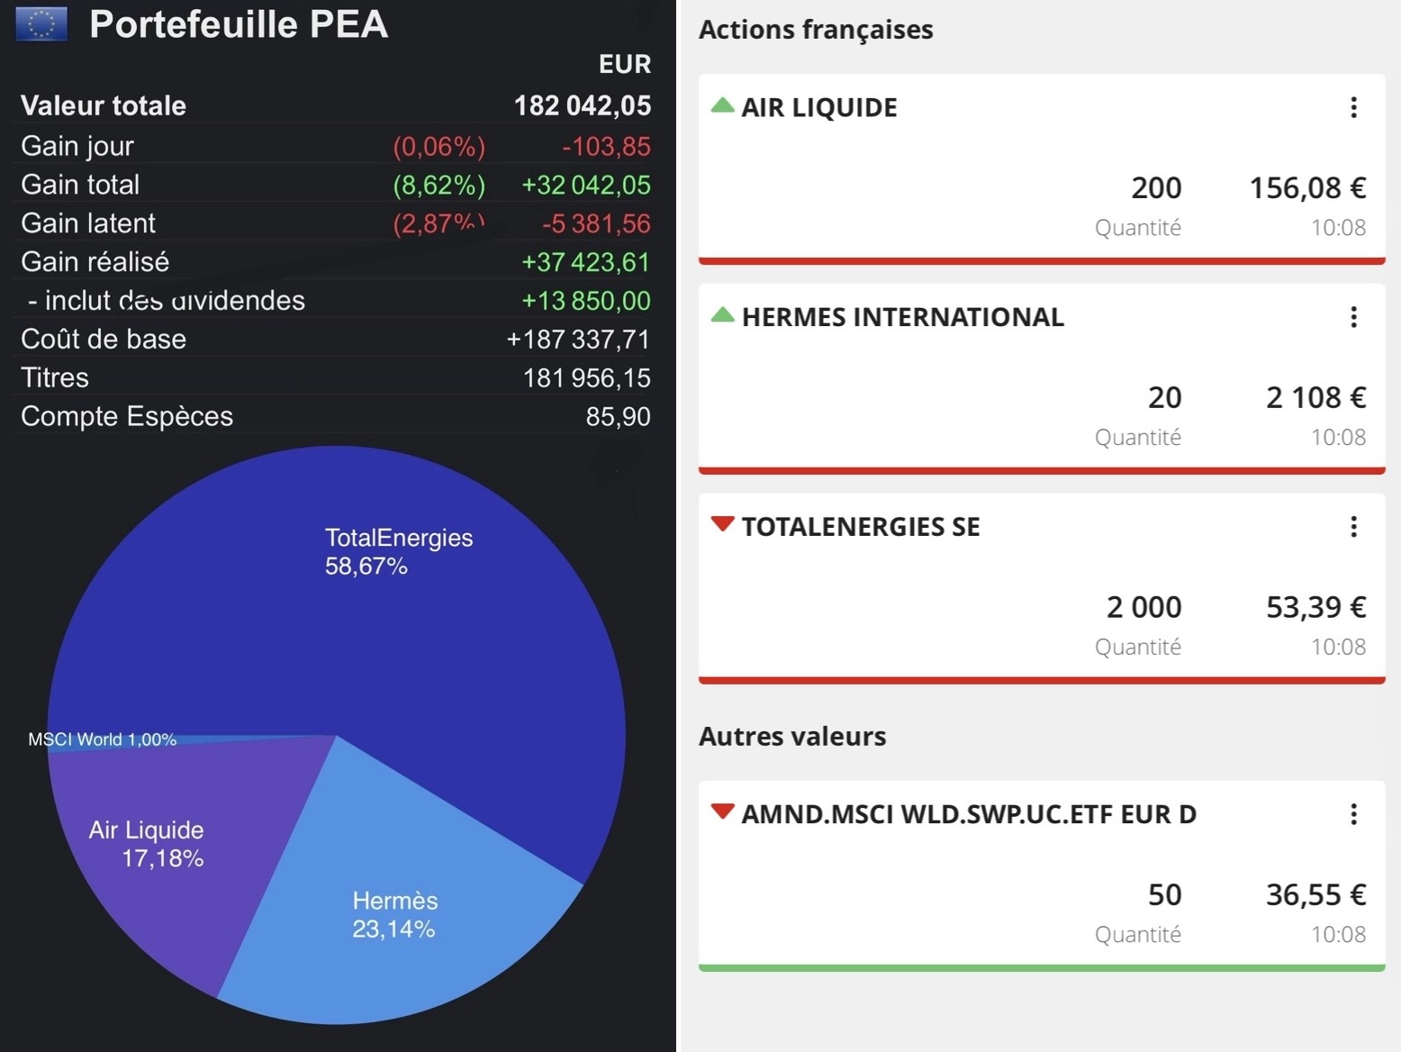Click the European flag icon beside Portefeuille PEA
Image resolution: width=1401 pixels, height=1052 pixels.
coord(41,24)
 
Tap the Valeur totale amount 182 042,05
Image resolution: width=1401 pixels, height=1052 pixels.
coord(582,105)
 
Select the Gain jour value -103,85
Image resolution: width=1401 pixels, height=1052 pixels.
coord(605,146)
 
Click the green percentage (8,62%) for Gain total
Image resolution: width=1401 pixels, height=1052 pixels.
coord(438,185)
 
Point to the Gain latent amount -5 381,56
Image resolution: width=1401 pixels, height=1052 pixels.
coord(595,223)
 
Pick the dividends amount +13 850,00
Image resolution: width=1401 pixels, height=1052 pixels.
coord(585,301)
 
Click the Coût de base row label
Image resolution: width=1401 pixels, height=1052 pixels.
coord(104,340)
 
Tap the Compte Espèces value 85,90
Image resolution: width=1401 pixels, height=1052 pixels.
coord(617,416)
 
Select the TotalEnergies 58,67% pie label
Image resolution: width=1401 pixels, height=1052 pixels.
coord(398,551)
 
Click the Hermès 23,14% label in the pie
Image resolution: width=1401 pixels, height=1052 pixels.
coord(394,914)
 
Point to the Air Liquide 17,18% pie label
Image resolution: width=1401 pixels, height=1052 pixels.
coord(147,844)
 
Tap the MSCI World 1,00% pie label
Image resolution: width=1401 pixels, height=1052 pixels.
coord(102,739)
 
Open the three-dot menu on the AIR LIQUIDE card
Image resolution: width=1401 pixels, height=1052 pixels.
coord(1353,108)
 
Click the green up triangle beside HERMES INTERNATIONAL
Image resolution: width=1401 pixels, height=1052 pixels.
coord(722,315)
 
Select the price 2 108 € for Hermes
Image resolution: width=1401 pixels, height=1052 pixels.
coord(1315,397)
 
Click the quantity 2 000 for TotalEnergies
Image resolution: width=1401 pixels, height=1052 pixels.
coord(1143,607)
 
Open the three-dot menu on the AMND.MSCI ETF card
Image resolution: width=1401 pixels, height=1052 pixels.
coord(1353,814)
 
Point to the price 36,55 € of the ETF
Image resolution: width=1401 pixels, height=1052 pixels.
coord(1315,894)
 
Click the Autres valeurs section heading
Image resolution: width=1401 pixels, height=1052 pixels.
coord(792,737)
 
